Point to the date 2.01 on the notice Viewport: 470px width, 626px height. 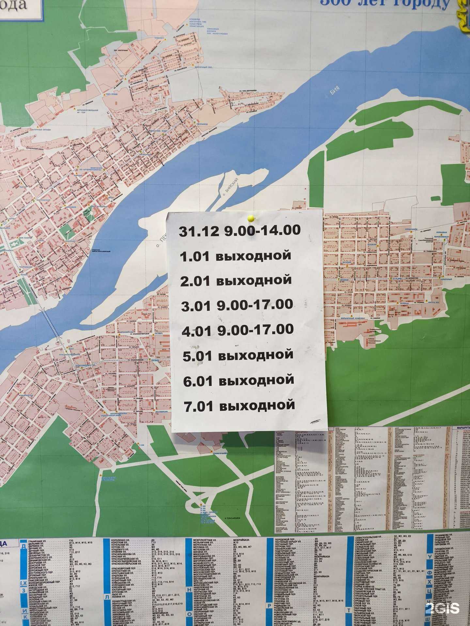(195, 281)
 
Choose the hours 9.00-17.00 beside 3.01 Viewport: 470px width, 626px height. (255, 305)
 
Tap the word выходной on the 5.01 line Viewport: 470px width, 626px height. (256, 355)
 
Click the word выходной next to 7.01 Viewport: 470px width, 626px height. (257, 406)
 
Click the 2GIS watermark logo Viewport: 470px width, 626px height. (442, 608)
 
